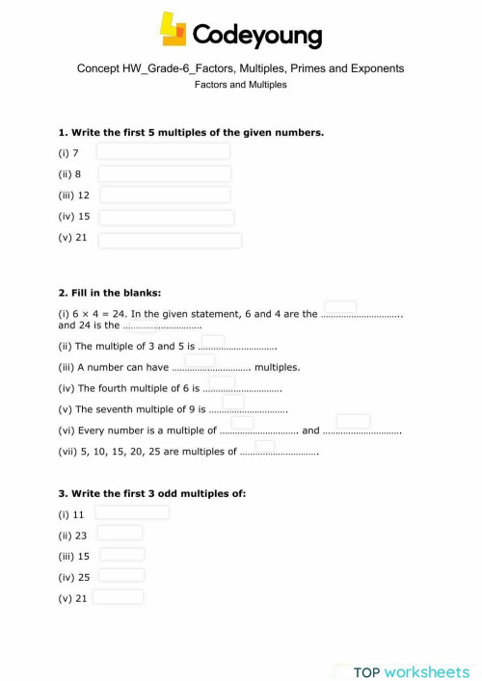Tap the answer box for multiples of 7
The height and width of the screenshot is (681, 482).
[163, 151]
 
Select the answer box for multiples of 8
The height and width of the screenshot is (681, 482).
[165, 173]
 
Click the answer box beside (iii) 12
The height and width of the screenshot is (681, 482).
[165, 196]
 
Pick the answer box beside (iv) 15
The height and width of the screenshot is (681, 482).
[166, 218]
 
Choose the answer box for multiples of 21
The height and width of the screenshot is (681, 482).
[170, 240]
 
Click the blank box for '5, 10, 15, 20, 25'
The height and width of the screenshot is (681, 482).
[265, 444]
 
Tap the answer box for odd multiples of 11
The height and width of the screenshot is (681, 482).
[132, 512]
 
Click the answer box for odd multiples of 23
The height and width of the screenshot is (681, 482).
[120, 533]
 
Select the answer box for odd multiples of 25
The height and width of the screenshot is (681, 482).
[121, 575]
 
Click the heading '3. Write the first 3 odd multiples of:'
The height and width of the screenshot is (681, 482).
[152, 493]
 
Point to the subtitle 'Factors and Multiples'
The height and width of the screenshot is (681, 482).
[240, 85]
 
